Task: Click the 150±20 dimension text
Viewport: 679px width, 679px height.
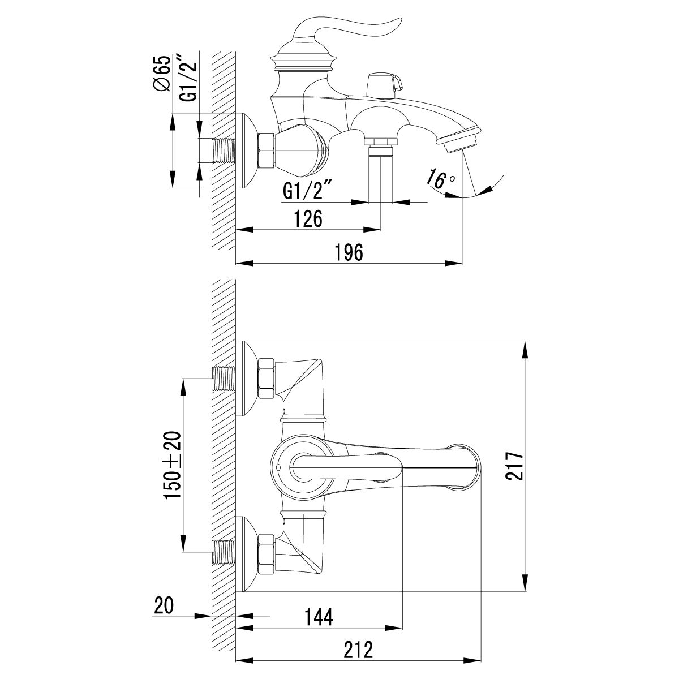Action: tap(172, 465)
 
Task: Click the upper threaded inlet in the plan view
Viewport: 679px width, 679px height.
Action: tap(223, 379)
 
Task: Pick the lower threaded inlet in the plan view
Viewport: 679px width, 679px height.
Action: tap(223, 552)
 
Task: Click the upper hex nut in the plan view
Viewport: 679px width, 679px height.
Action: tap(267, 379)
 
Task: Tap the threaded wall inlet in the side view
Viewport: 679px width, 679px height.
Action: tap(223, 151)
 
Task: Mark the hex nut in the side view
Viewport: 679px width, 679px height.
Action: tap(268, 151)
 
